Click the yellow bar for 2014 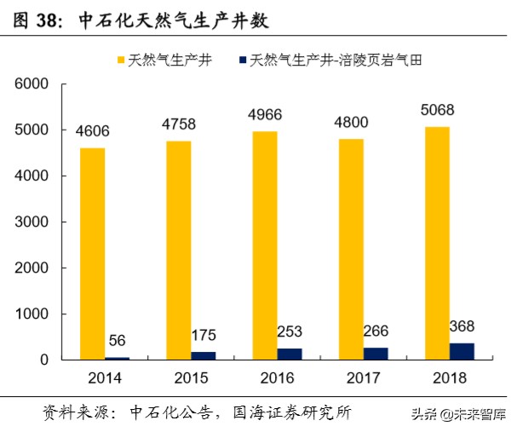point(94,254)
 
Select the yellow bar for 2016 point(266,245)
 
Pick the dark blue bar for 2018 point(462,351)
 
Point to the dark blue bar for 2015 point(204,355)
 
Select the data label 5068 point(437,111)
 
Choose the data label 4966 point(265,115)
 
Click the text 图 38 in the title point(37,20)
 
